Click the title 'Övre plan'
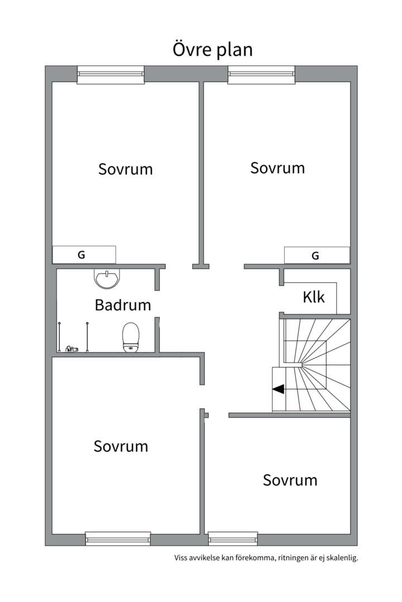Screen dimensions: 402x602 [x=212, y=50]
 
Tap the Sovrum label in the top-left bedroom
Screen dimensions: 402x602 [x=126, y=169]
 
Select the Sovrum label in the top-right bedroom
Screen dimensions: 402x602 [x=277, y=168]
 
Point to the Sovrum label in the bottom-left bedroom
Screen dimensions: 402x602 [x=121, y=446]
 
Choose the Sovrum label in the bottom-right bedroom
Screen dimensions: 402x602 [x=290, y=480]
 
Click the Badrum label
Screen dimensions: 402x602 [x=123, y=305]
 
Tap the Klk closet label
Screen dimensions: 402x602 [x=314, y=297]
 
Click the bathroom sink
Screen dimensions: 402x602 [x=107, y=278]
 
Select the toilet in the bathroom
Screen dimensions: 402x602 [x=131, y=337]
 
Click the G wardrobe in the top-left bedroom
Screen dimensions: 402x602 [x=84, y=255]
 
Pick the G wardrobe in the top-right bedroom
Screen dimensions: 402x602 [x=317, y=255]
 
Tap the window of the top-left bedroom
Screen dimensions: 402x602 [x=111, y=75]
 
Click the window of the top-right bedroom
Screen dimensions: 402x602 [x=262, y=75]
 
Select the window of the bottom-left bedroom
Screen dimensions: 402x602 [x=118, y=538]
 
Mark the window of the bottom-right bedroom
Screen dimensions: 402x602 [x=233, y=538]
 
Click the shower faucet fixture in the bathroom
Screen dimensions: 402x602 [x=72, y=349]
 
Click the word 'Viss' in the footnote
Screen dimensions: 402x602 [x=181, y=557]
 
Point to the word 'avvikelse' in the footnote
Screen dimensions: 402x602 [x=204, y=557]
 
